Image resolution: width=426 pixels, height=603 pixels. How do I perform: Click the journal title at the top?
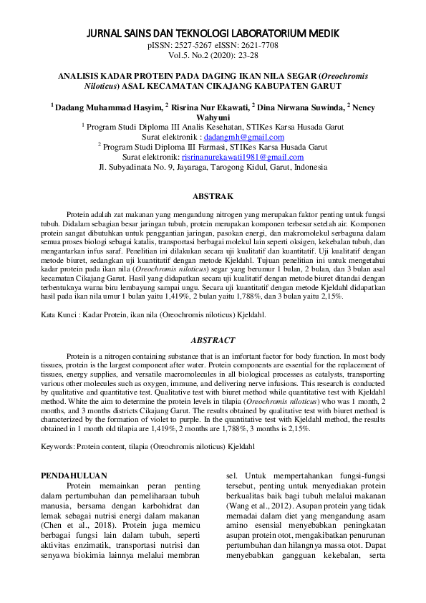(213, 34)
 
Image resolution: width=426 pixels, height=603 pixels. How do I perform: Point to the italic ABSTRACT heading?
(213, 340)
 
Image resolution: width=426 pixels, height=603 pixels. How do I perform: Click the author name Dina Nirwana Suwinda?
(299, 107)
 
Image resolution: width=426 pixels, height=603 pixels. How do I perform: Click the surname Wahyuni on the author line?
(213, 116)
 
